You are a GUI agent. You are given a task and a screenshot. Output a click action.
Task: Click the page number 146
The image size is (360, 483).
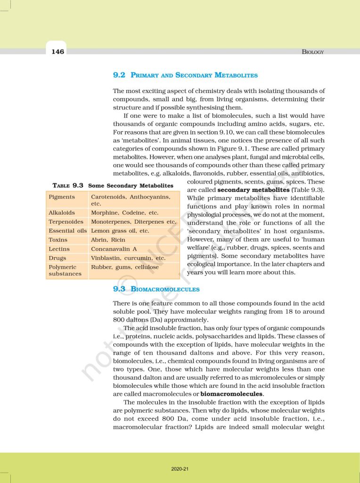point(58,51)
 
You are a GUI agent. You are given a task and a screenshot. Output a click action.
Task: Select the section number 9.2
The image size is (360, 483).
point(119,75)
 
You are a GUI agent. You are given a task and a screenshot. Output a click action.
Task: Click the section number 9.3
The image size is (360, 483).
point(119,289)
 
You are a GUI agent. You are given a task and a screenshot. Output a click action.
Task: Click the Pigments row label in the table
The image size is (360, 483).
point(62,197)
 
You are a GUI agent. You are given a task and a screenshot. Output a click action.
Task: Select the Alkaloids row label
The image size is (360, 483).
point(62,213)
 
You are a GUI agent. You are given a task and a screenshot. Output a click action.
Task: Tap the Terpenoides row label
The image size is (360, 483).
point(66,222)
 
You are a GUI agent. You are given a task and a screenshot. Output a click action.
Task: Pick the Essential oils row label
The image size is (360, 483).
point(68,231)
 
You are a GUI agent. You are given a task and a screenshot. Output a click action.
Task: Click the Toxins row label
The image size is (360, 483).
point(58,240)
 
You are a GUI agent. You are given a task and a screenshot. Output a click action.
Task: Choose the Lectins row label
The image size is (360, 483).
point(59,249)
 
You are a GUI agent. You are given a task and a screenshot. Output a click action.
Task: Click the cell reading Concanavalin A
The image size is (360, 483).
point(114,249)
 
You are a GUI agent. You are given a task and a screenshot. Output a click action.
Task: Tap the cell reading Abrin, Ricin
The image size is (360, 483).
point(108,240)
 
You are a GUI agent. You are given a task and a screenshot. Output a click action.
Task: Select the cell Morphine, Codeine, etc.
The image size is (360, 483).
point(124,213)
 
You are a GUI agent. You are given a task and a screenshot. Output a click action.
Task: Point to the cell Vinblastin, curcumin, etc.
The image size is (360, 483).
point(128,258)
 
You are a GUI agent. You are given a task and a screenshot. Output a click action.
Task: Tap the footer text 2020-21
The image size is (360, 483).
point(180,469)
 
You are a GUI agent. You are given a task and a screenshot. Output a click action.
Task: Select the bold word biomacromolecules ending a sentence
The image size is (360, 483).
point(231,393)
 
